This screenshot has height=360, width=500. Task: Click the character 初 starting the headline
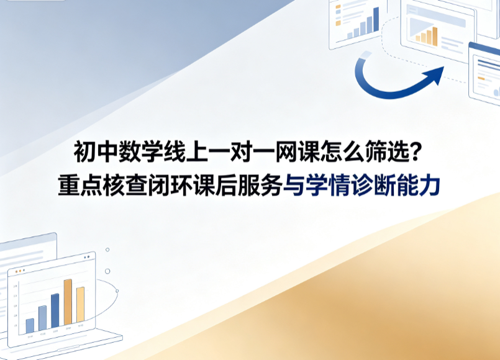point(84,151)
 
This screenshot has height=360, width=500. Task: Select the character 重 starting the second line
point(68,185)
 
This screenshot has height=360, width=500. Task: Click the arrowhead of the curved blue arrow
point(435,75)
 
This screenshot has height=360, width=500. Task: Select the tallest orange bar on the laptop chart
point(68,302)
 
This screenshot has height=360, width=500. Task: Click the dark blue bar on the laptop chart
point(55,310)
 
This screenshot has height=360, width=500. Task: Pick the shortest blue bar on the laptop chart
point(30,326)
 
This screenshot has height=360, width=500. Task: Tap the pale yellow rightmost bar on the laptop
point(80,305)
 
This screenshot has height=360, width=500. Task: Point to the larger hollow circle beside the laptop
point(107,271)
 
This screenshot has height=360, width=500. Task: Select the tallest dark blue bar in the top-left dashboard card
point(376,19)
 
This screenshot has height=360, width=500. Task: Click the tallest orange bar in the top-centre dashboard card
point(435,37)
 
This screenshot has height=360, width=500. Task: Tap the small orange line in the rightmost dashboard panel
point(481,78)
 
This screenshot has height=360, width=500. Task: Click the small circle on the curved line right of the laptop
point(117,291)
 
